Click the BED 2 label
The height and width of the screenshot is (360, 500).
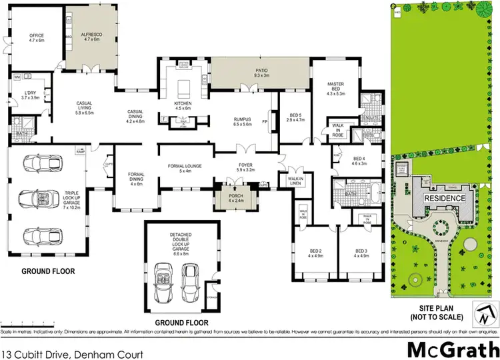coord(316,251)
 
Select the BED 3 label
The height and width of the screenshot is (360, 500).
coord(362,251)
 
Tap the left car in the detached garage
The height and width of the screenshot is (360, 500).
coord(164,275)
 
